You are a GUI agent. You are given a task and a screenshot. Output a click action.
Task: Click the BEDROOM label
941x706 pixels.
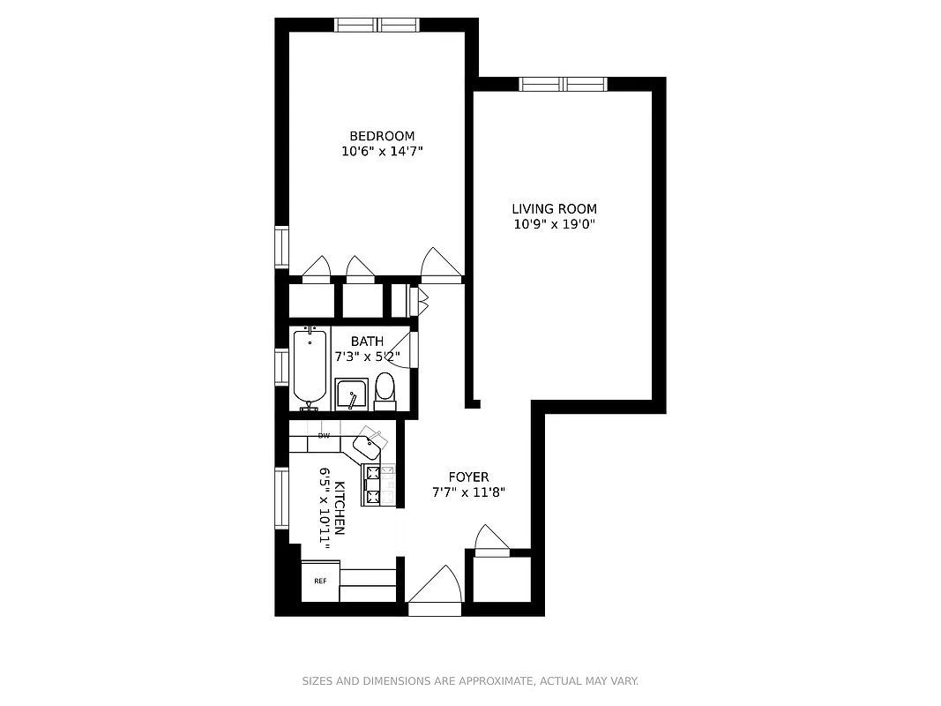[382, 136]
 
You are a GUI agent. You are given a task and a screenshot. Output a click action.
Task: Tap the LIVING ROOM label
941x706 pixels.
[554, 209]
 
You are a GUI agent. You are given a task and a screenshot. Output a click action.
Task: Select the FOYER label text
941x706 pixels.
[467, 477]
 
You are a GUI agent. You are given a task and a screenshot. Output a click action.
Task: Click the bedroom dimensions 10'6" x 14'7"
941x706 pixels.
[382, 152]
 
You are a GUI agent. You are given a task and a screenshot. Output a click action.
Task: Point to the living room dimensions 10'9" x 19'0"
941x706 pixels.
[554, 224]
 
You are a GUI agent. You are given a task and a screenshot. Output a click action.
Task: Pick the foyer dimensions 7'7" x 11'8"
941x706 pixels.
[467, 493]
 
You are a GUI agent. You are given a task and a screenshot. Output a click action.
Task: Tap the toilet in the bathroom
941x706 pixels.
[385, 390]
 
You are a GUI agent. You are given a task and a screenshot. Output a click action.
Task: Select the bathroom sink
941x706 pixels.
[351, 394]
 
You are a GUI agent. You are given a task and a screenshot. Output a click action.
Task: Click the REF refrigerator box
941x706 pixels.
[320, 581]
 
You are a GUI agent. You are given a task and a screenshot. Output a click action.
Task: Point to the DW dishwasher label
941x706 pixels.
[324, 436]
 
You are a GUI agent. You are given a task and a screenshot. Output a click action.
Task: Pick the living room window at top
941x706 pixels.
[563, 84]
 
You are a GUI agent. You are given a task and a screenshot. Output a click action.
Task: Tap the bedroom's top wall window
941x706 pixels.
[377, 25]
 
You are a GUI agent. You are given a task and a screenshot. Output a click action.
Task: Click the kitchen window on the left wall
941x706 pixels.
[282, 498]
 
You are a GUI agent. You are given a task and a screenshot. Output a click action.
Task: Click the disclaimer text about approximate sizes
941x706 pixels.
[470, 681]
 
